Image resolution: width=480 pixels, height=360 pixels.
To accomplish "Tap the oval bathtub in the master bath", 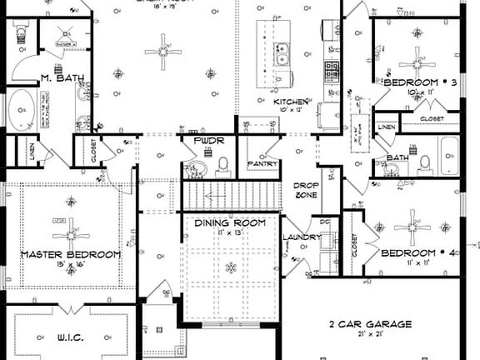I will [x=22, y=110].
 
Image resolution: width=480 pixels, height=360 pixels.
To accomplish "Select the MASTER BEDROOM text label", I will [x=71, y=254].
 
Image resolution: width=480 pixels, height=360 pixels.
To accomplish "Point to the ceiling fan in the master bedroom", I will [x=71, y=226].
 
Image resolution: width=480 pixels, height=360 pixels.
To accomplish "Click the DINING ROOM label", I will [x=230, y=222].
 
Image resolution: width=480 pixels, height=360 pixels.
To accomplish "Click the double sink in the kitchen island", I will [x=283, y=57].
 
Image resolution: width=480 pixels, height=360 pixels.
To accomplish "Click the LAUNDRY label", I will [x=301, y=237].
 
